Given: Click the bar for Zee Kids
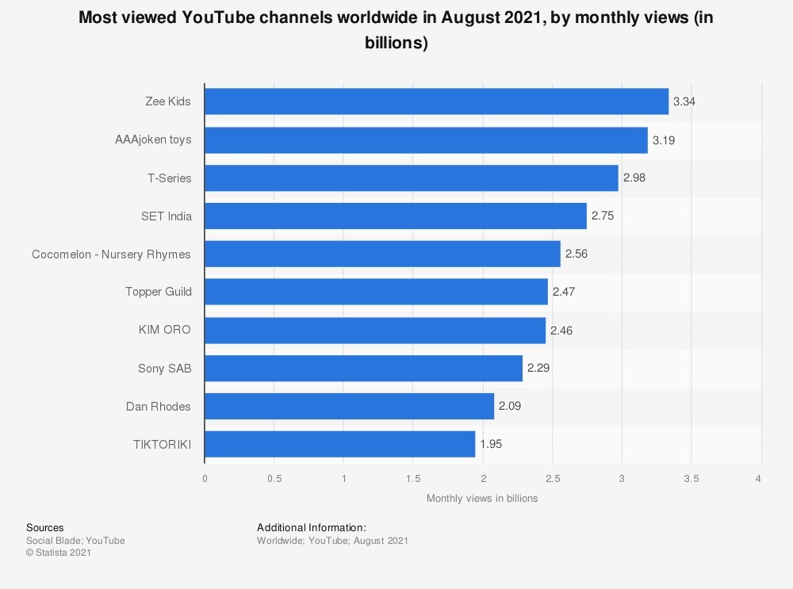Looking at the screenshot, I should [436, 101].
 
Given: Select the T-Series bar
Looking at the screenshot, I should [412, 178].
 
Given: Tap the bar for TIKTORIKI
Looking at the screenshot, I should [339, 444].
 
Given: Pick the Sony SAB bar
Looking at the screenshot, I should [363, 368].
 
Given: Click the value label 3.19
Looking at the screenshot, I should [663, 140].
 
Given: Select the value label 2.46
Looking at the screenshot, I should [561, 330].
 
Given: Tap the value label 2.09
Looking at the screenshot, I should [510, 406].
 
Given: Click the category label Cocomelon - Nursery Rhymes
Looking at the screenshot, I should [112, 254].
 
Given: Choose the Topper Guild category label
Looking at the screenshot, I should [159, 292].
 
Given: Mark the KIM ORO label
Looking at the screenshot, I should [165, 330].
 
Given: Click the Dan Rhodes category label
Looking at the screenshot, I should [159, 407].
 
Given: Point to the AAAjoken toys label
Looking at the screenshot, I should [153, 140].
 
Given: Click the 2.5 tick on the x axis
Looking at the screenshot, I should [553, 479].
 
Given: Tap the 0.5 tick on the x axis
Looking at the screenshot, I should [274, 479].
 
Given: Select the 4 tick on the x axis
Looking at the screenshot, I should [759, 479].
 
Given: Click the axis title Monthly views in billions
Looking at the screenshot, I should [482, 499].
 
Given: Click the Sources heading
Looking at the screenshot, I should [45, 528].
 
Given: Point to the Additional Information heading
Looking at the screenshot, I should [312, 528].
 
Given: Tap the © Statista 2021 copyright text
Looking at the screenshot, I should [59, 553].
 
